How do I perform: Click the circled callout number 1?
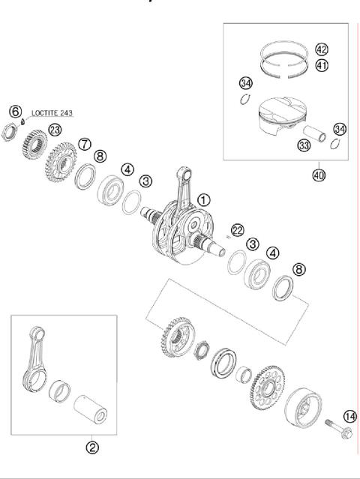tap(204, 200)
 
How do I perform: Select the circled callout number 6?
tap(14, 110)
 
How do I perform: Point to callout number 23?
tap(55, 130)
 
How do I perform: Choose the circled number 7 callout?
tap(84, 143)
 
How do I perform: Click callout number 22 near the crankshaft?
tap(238, 229)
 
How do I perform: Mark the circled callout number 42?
tap(321, 50)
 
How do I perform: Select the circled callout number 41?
tap(321, 65)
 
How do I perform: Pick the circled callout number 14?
tap(349, 416)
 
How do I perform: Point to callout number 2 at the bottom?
tap(92, 448)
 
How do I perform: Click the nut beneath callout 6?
tap(13, 134)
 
